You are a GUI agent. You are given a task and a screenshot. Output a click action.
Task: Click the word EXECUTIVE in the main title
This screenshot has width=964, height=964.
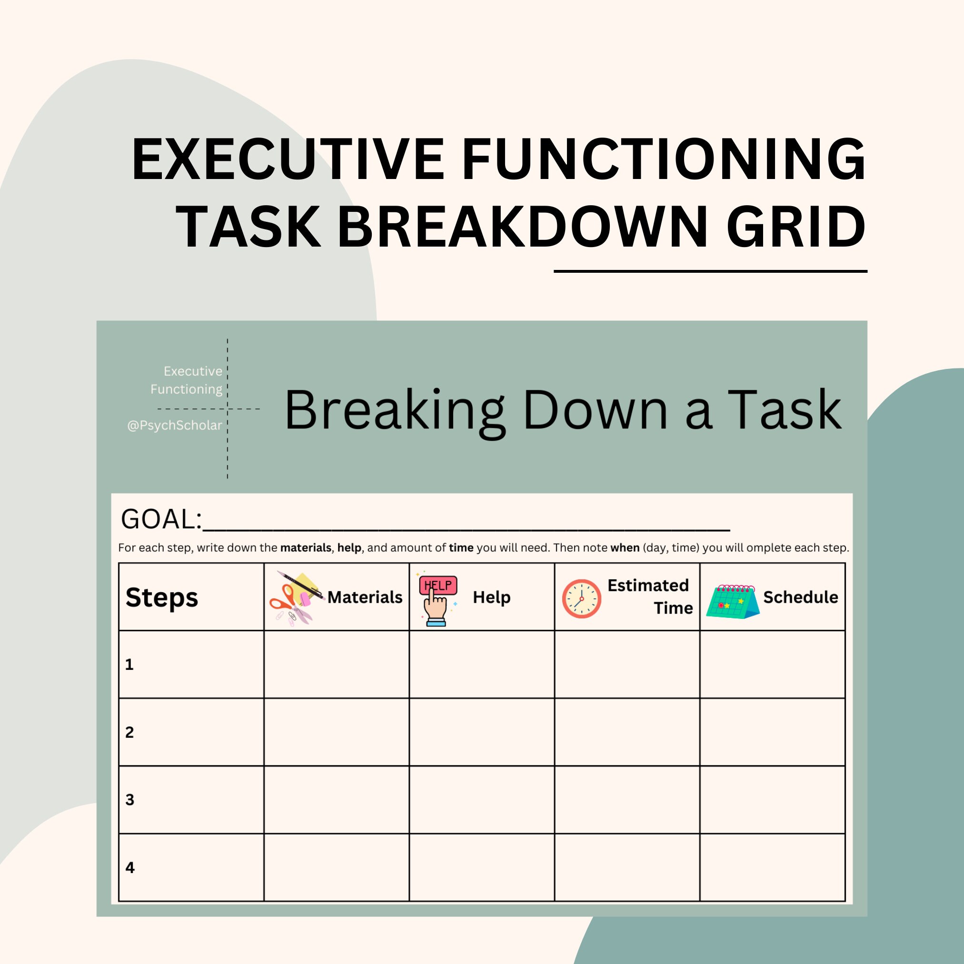click(288, 159)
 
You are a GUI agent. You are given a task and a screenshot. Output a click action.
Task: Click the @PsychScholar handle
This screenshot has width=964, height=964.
click(175, 425)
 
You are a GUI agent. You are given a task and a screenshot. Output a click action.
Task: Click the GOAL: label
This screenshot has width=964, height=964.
click(161, 519)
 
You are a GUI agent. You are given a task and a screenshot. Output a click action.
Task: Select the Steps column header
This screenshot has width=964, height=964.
click(162, 597)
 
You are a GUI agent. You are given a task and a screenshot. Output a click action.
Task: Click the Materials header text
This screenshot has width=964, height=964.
click(365, 597)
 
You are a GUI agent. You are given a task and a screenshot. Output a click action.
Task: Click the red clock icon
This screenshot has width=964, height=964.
click(581, 599)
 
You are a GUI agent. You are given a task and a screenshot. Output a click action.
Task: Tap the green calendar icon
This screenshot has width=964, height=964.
click(732, 601)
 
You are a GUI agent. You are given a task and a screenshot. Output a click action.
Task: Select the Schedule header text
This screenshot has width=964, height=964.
click(800, 597)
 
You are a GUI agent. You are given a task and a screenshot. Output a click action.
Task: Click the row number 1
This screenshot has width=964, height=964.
click(129, 665)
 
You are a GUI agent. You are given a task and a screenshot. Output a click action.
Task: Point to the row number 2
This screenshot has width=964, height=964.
click(129, 733)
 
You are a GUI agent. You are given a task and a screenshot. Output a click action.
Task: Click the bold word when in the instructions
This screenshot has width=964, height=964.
click(625, 548)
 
